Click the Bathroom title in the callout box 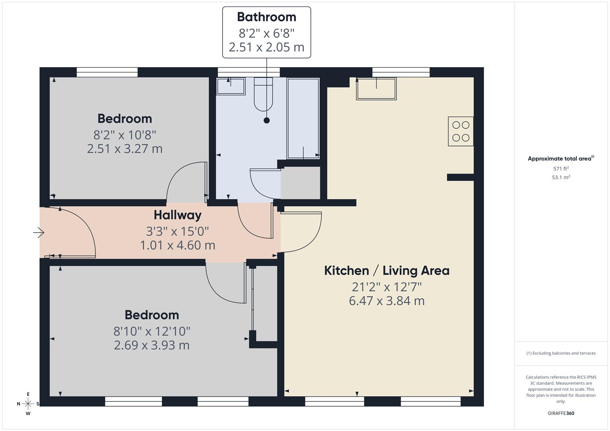(x=266, y=17)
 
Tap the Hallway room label (x=177, y=215)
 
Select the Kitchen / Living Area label (x=386, y=271)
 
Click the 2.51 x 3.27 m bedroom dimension (x=125, y=149)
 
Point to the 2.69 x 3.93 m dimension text (x=151, y=345)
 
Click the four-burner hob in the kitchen (x=460, y=131)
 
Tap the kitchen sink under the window (x=376, y=89)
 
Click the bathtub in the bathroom (x=303, y=119)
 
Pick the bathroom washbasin (x=231, y=86)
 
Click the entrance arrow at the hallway (x=39, y=232)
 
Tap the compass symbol (x=28, y=403)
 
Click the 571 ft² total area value (x=560, y=169)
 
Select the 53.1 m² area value (x=560, y=178)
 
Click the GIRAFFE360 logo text (x=560, y=413)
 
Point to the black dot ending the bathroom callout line (x=266, y=121)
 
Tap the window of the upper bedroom (x=107, y=72)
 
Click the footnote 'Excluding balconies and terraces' (x=560, y=353)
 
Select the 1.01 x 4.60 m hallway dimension (x=177, y=245)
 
